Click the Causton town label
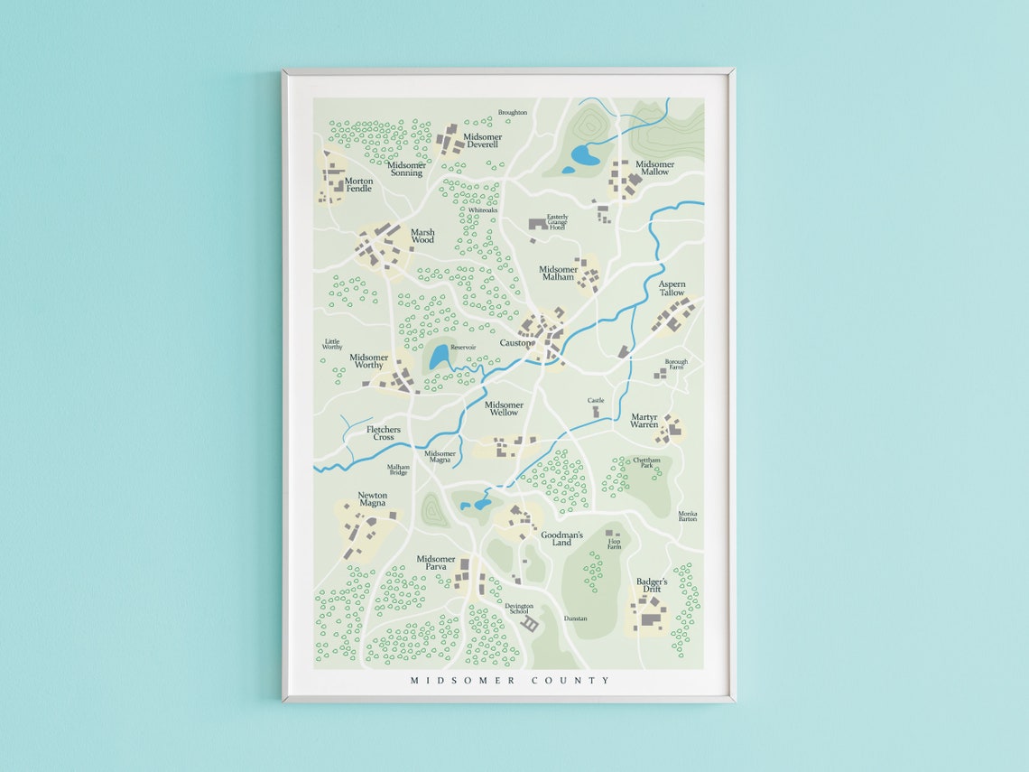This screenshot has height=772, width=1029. click(516, 343)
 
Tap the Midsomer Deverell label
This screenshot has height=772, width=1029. click(482, 141)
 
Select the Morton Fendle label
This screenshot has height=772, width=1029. click(358, 184)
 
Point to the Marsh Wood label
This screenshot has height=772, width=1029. click(422, 236)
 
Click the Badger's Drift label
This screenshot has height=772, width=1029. click(652, 585)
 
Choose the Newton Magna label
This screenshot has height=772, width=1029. click(372, 499)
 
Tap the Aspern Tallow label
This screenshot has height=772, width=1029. click(672, 288)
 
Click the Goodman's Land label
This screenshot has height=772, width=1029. click(561, 538)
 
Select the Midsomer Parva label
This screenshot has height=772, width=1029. click(436, 563)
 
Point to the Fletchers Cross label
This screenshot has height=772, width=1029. click(384, 433)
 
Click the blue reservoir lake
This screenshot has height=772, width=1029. click(440, 358)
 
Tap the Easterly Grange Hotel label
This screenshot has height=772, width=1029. click(557, 221)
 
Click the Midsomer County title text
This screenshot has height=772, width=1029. click(510, 680)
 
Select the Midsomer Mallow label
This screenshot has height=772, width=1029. click(655, 168)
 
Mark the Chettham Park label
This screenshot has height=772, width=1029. click(646, 462)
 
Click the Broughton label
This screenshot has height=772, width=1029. click(512, 113)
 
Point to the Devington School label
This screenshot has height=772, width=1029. click(518, 609)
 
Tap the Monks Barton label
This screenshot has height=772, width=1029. click(688, 516)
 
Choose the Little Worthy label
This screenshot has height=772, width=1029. click(332, 344)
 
